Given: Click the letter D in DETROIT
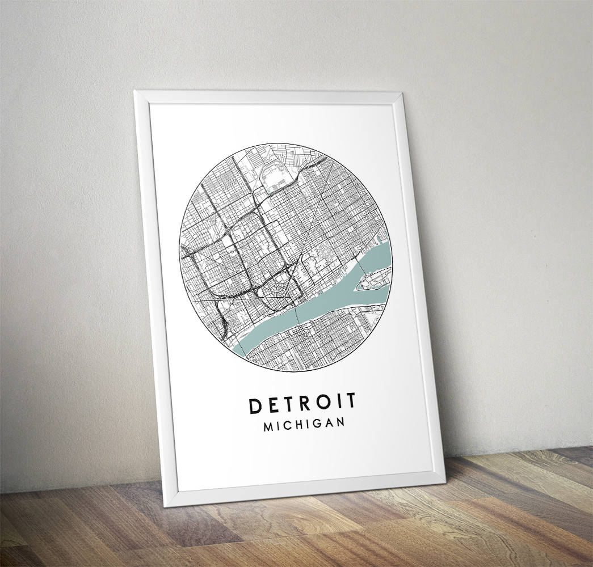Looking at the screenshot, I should [x=254, y=404].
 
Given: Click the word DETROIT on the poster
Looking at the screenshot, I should [x=303, y=403].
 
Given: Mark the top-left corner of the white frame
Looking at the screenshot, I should [x=134, y=90].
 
